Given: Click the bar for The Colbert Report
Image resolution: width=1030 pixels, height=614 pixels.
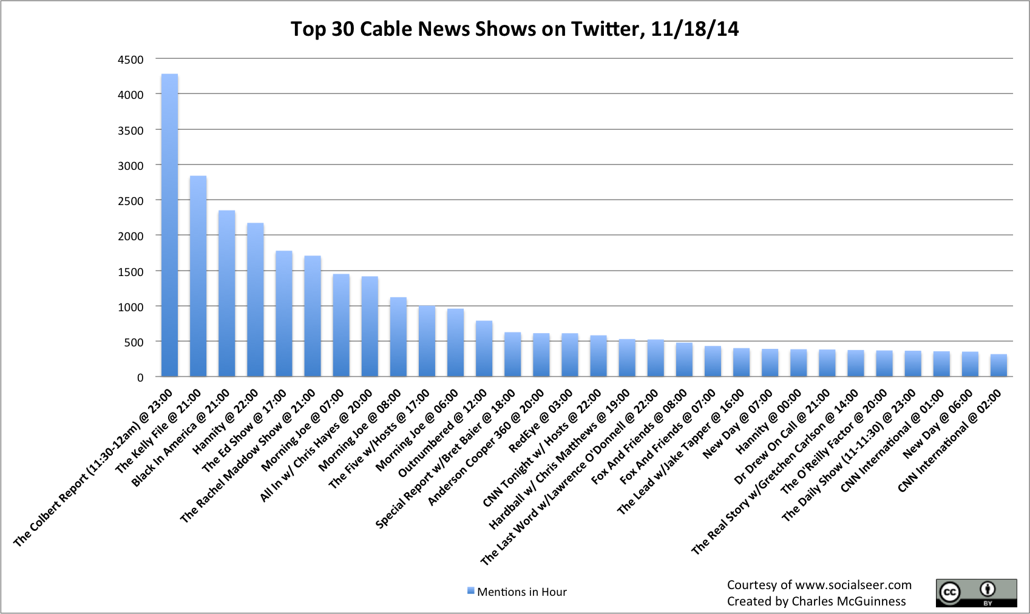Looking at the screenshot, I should (x=169, y=225).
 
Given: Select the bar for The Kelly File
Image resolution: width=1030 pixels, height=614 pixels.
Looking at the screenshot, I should (x=198, y=276).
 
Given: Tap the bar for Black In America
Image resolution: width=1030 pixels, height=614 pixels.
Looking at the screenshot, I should (x=226, y=294).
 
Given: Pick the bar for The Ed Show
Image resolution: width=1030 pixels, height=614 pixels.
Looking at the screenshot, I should (x=284, y=314).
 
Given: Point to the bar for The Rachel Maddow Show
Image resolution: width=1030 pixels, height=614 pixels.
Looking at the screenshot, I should (x=313, y=316).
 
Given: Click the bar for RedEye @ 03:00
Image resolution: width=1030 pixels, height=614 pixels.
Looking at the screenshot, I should (x=570, y=355).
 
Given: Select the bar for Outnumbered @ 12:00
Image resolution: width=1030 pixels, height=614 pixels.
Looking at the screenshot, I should (x=484, y=349).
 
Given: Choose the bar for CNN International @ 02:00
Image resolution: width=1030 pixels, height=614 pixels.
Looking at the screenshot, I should (x=998, y=365).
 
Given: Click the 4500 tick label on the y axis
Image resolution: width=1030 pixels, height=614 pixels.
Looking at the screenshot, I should (x=130, y=59).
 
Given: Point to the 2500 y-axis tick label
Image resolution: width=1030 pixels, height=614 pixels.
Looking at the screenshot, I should (x=130, y=201).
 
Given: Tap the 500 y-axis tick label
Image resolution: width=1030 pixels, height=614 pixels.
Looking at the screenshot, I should (x=134, y=342).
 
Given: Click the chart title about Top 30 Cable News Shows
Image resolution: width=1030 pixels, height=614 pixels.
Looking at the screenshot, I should (x=515, y=29).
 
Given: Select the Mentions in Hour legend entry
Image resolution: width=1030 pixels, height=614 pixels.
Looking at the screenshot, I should (x=517, y=592).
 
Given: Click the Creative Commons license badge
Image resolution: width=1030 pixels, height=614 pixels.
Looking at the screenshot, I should (x=976, y=593).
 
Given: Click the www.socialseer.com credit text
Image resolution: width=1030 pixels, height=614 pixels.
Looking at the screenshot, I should (x=819, y=585).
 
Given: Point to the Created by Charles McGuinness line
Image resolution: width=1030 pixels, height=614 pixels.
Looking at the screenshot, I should (x=816, y=601).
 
